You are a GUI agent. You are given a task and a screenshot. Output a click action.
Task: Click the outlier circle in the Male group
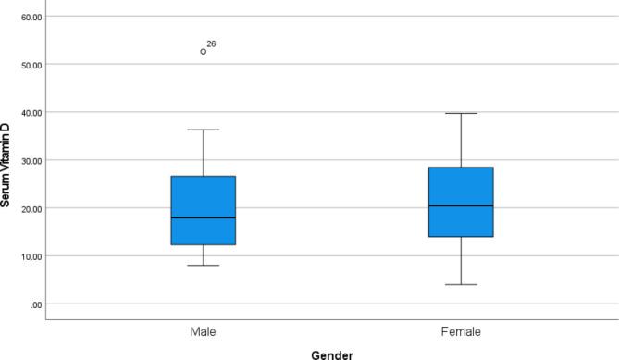pos(204,52)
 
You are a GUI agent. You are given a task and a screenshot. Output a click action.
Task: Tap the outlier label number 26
pos(212,43)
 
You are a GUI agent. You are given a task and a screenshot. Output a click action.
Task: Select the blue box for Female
pos(461,203)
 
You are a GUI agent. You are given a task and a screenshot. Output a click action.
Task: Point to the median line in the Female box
pos(461,205)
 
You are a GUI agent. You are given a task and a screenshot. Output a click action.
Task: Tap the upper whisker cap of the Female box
pos(461,113)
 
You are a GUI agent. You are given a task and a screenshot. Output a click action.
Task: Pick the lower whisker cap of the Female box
pos(461,284)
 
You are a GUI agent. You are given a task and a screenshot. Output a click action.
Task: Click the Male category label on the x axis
pos(204,330)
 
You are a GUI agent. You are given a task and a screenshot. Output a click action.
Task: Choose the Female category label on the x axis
pos(461,330)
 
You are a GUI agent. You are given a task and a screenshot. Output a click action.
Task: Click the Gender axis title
pos(331,353)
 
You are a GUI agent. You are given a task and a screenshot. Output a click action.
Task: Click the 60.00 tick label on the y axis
pos(31,17)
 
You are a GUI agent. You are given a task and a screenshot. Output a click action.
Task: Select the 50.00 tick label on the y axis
pos(31,65)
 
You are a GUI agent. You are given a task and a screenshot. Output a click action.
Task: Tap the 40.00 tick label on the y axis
pos(31,113)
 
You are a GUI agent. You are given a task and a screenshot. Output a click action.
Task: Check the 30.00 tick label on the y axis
pos(31,160)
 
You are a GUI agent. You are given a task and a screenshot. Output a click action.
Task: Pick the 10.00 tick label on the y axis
pos(31,256)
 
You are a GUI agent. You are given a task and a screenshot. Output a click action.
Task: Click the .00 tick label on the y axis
pos(35,304)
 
